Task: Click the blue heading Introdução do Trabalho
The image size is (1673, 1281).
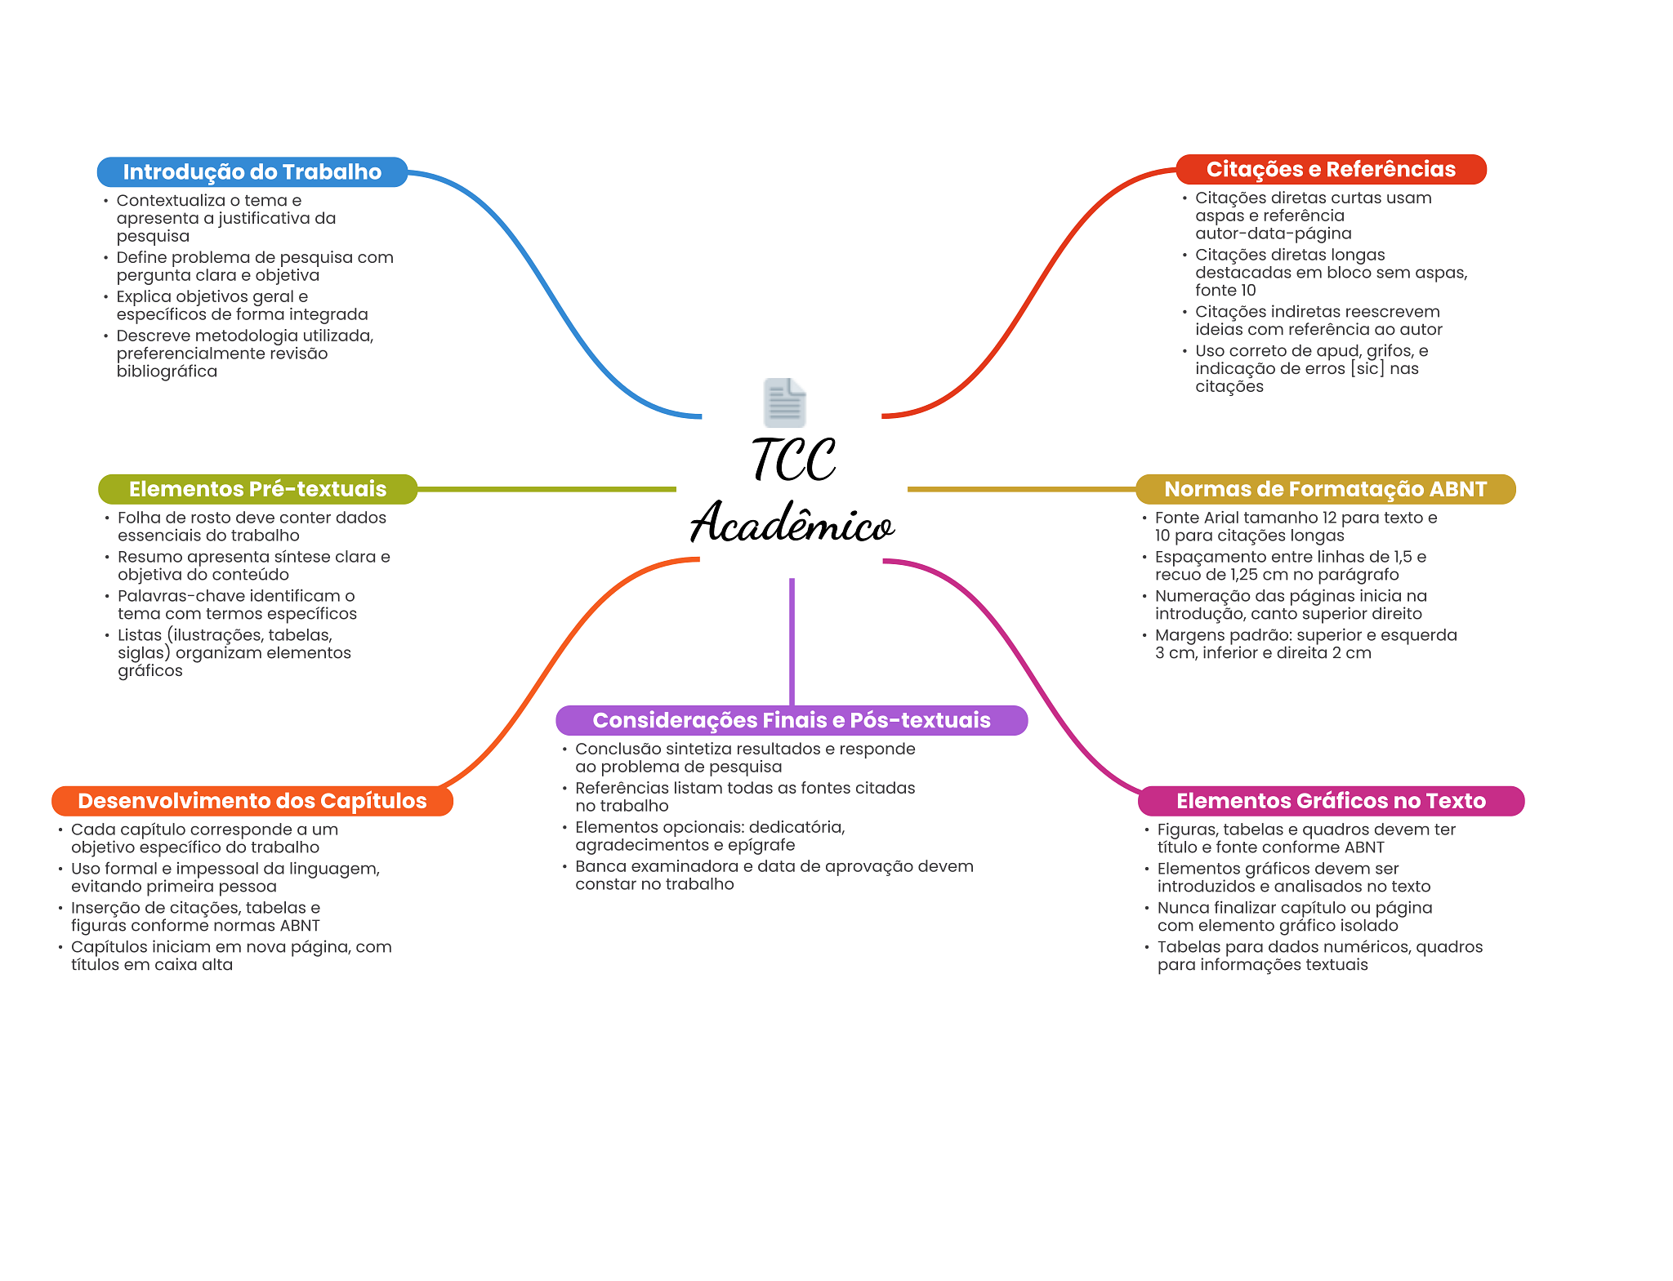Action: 252,172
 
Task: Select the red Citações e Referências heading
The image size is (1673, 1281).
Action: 1331,169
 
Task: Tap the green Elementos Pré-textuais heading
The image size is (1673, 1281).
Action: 257,489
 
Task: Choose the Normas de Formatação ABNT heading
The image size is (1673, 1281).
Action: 1325,489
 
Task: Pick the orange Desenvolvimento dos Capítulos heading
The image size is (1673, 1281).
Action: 252,801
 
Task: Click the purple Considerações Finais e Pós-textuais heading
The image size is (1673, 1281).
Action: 791,720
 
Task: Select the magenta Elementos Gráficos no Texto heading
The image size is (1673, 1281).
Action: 1331,801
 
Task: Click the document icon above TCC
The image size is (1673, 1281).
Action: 784,403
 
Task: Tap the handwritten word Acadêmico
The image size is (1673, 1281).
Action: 792,523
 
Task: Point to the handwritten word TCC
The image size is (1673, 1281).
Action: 793,460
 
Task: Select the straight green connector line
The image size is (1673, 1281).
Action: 547,489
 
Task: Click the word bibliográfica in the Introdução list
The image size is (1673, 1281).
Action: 167,371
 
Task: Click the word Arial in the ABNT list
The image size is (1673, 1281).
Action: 1223,518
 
